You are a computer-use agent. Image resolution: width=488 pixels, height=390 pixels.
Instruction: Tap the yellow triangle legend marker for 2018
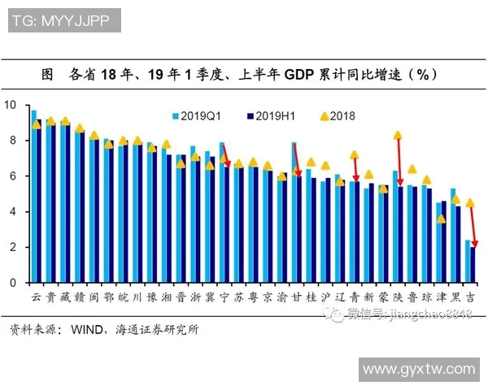point(324,116)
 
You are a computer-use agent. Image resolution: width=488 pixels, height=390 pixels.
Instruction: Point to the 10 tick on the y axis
point(10,105)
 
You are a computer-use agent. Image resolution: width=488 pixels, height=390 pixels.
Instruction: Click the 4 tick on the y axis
point(12,211)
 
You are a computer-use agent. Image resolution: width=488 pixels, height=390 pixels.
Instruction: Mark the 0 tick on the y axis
point(12,283)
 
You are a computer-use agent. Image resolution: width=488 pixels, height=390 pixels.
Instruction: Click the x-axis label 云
point(36,297)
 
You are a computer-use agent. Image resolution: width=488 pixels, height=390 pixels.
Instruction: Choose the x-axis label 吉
point(471,297)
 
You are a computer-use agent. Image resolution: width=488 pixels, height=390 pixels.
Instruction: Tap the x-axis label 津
point(442,297)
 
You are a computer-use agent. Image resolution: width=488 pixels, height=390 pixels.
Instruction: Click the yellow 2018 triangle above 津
point(441,219)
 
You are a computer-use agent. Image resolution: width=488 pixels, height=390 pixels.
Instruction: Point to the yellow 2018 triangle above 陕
point(398,136)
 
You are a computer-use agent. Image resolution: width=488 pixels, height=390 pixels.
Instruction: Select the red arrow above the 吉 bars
point(473,225)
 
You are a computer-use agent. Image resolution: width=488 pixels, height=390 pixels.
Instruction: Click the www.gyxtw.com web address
point(418,370)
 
